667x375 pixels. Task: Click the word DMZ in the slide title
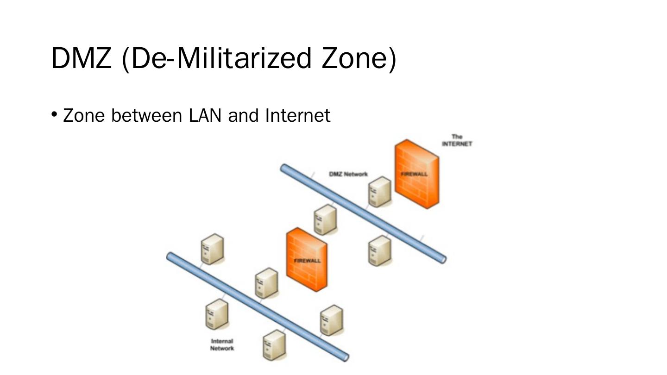coord(81,58)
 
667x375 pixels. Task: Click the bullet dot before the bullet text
coord(54,113)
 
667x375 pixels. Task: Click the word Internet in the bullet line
coord(298,115)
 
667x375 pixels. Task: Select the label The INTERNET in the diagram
coord(457,140)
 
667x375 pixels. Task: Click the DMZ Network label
coord(348,174)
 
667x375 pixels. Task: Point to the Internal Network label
coord(222,345)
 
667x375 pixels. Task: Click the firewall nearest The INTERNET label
coord(417,174)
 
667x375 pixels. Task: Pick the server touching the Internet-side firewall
coord(380,192)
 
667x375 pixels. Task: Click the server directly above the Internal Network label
coord(216,314)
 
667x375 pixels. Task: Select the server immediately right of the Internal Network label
coord(274,345)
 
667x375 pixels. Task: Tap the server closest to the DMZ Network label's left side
coord(325,219)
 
